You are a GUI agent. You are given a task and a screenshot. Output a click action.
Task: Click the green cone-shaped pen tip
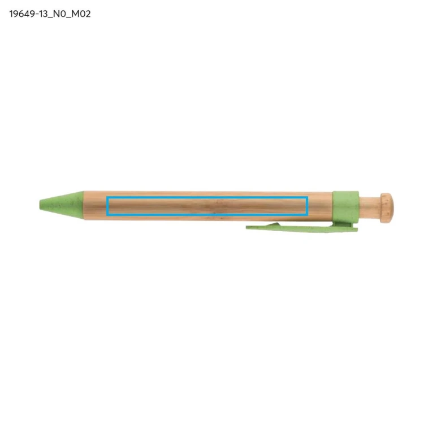click(62, 205)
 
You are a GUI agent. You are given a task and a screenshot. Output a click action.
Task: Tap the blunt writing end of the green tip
click(40, 204)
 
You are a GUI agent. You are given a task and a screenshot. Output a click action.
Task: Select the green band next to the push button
click(345, 207)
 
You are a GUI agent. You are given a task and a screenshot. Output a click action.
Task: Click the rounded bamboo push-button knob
click(387, 207)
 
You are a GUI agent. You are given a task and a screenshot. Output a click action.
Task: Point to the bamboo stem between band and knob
click(370, 207)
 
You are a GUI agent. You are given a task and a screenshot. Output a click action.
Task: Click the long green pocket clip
click(301, 227)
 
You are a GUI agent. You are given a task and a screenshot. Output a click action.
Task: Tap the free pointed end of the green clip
click(247, 227)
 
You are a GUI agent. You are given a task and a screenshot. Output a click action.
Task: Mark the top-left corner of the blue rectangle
click(107, 197)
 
